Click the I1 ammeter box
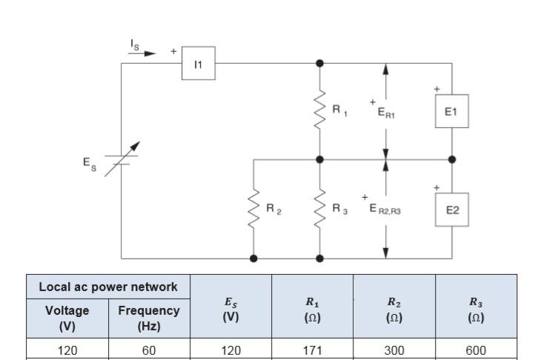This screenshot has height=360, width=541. (x=198, y=64)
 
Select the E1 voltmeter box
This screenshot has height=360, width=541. (x=452, y=112)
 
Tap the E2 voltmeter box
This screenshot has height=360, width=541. (x=452, y=210)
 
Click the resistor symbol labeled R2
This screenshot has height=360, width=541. (x=254, y=209)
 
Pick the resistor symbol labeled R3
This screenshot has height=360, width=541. (x=320, y=209)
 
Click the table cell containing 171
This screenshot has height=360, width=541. (x=312, y=350)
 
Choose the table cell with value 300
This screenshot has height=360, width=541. (x=394, y=350)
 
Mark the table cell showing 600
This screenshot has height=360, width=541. (x=476, y=350)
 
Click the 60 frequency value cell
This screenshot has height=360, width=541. (x=149, y=350)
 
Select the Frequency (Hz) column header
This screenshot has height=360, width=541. (x=149, y=318)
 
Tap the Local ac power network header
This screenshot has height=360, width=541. (x=108, y=287)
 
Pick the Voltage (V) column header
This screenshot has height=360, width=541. (x=67, y=318)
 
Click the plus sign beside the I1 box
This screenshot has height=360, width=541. (x=173, y=52)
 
